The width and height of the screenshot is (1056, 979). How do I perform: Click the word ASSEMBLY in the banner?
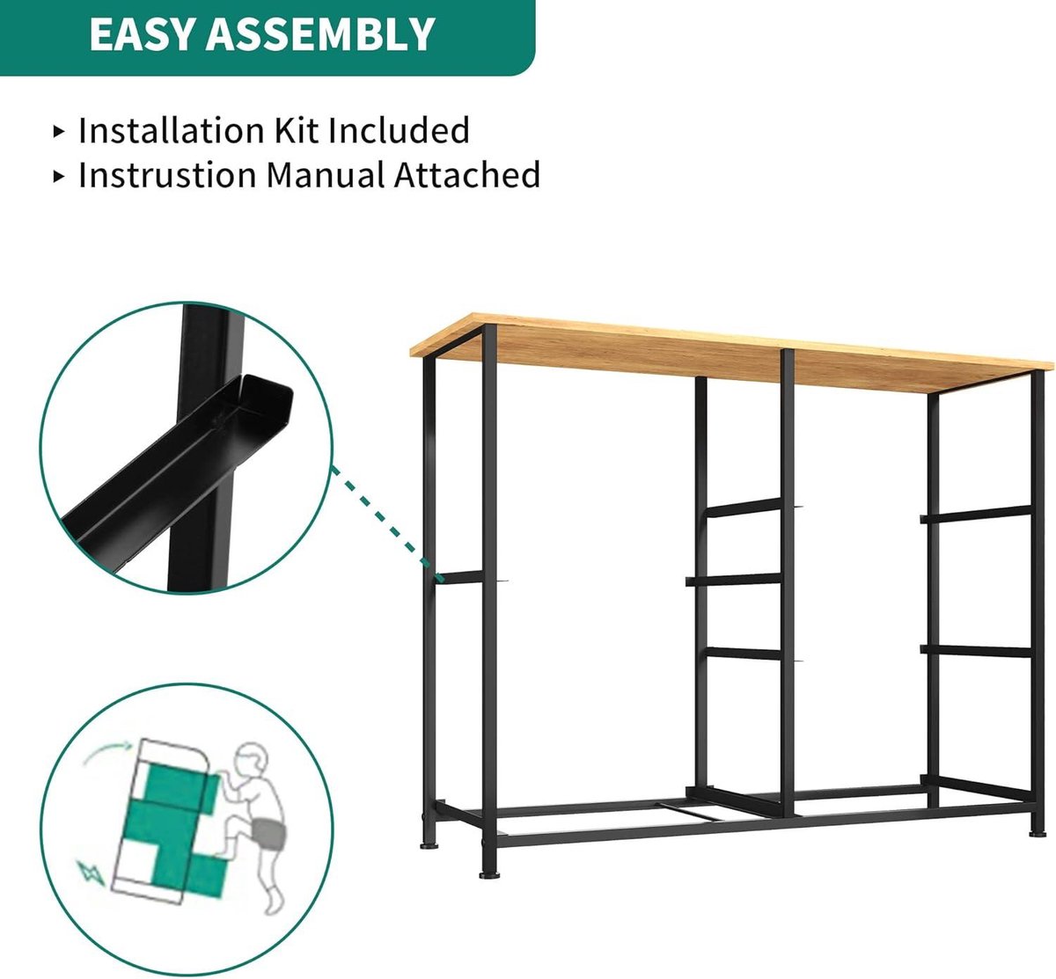tap(320, 34)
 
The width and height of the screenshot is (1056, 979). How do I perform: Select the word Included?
tap(399, 130)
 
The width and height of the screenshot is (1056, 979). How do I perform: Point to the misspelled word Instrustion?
tap(168, 174)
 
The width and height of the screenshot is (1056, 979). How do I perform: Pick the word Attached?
tap(467, 174)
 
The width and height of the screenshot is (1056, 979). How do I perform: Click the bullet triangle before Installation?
tap(59, 131)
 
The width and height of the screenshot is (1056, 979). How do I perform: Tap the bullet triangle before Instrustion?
tap(59, 176)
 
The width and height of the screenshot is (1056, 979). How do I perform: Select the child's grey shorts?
tap(269, 833)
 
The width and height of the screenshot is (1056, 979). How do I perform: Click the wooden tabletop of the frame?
tap(731, 352)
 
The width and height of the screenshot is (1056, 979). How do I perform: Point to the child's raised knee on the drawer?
tap(233, 829)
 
